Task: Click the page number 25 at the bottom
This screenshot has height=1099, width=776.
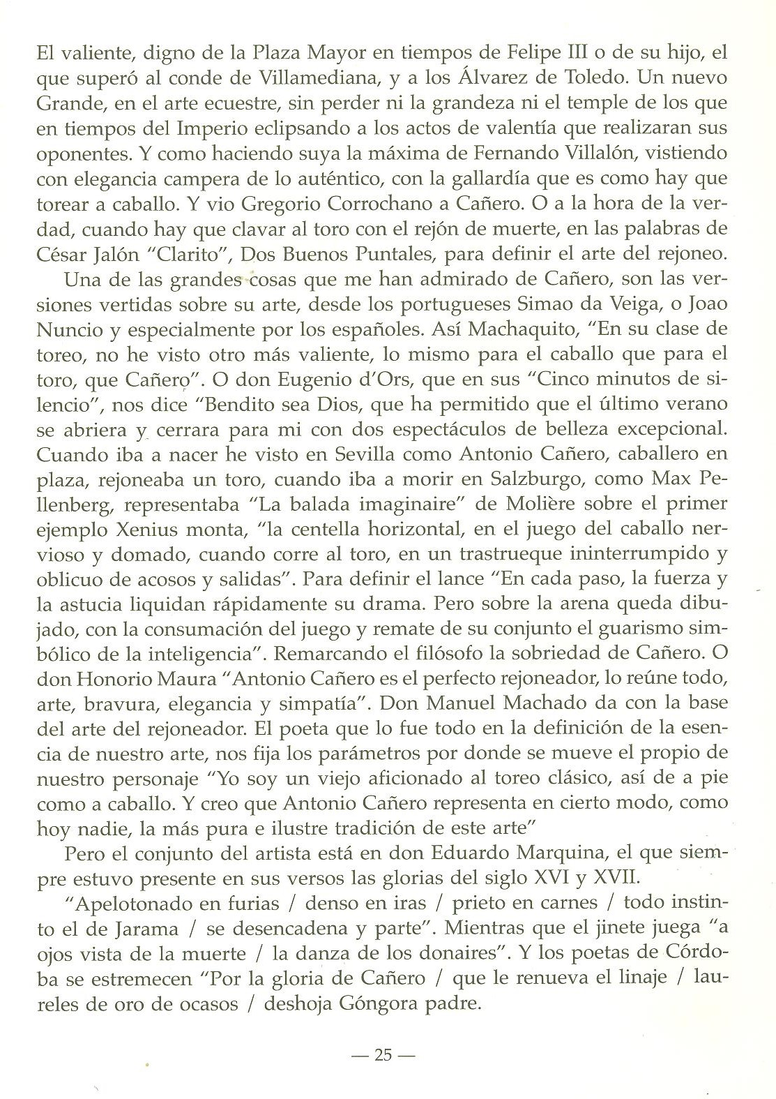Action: (383, 1054)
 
